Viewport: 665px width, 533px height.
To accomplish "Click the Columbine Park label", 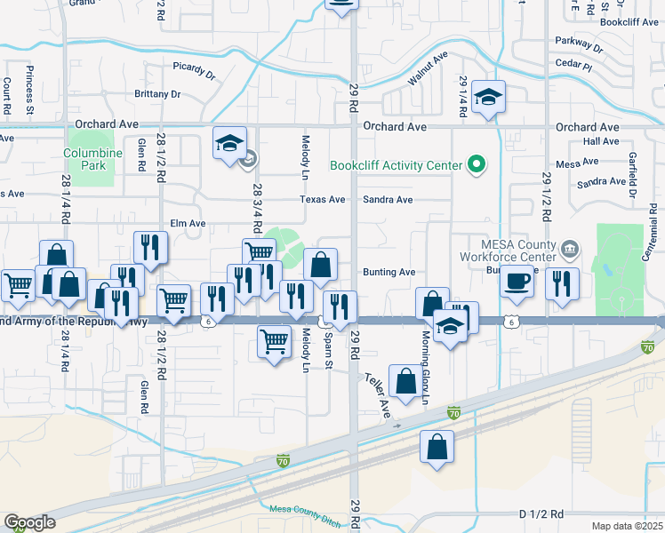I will [x=92, y=158].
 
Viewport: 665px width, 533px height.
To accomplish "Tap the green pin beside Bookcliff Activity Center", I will [x=476, y=165].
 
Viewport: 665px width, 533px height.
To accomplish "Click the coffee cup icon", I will [x=517, y=282].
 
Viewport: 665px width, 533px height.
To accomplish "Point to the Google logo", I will [x=29, y=522].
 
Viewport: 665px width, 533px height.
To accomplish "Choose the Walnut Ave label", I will [x=427, y=69].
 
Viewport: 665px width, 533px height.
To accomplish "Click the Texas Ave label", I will [x=322, y=200].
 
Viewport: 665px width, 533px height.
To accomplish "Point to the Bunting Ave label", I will [x=389, y=272].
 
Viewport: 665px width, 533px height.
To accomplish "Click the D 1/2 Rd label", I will [x=541, y=514].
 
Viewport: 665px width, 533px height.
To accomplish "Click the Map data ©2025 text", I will [x=627, y=525].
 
